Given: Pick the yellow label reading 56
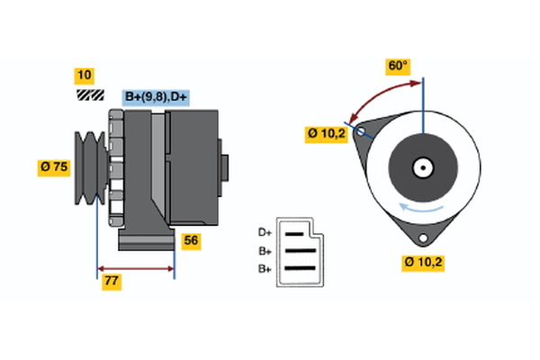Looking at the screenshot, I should click(191, 240).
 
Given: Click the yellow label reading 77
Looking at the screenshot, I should click(112, 282).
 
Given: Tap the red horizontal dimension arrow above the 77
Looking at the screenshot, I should click(135, 268).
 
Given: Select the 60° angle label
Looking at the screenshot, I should click(398, 66).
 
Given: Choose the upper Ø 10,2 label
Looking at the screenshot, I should click(327, 134).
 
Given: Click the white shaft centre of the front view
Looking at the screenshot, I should click(422, 167).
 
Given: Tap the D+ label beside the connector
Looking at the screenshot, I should click(265, 232).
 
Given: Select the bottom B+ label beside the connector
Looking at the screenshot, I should click(265, 269).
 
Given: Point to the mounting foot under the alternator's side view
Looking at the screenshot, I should click(144, 240).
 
